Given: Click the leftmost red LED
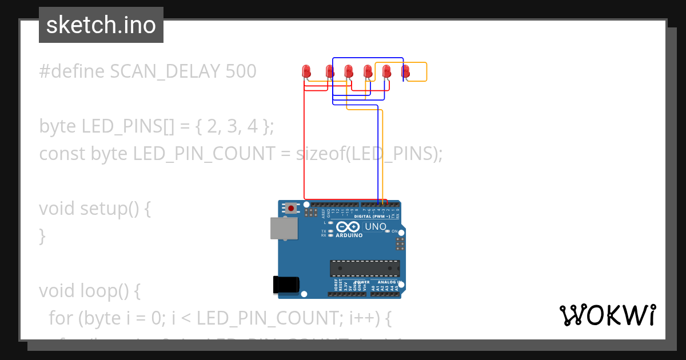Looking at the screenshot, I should (x=306, y=71).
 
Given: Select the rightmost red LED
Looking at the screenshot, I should (x=405, y=71).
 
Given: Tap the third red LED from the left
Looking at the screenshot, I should (x=348, y=71).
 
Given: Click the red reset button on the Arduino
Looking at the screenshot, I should (x=292, y=208).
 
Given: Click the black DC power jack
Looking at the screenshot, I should (x=286, y=284).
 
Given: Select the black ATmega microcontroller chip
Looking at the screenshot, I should (x=364, y=268).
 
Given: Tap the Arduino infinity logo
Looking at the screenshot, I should (x=349, y=226).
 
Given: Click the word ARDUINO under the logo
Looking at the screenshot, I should (x=349, y=235).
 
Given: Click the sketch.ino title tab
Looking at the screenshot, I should (x=101, y=25).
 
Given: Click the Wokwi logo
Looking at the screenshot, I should (x=607, y=315).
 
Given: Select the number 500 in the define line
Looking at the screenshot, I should (x=241, y=71).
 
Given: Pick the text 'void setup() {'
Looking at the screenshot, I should (x=95, y=209).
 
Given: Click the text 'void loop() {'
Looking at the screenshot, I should (x=89, y=291).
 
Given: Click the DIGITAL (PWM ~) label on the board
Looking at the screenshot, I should (x=372, y=217).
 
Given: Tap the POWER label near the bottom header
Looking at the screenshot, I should (x=362, y=282).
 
